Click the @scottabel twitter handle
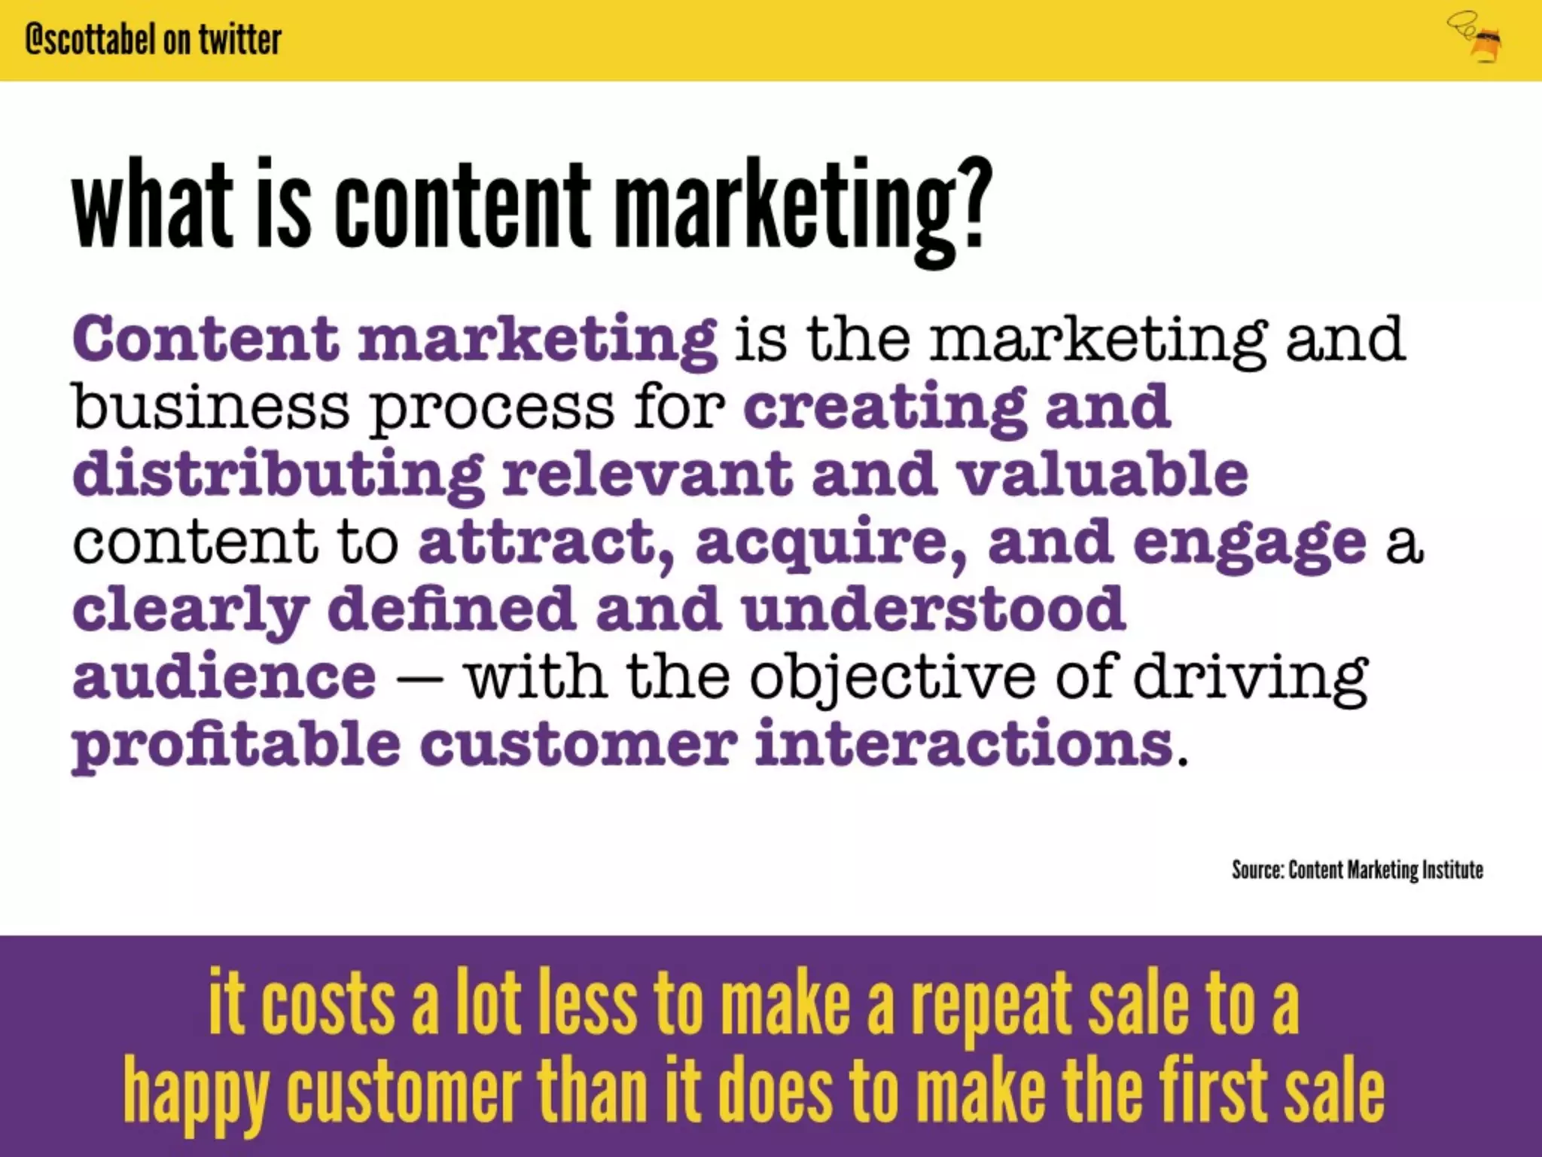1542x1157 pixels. coord(153,39)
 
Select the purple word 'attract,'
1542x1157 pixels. coord(547,542)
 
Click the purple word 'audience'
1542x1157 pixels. coord(224,676)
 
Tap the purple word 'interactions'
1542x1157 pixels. coord(963,743)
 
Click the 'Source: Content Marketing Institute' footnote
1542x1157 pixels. coord(1357,870)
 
